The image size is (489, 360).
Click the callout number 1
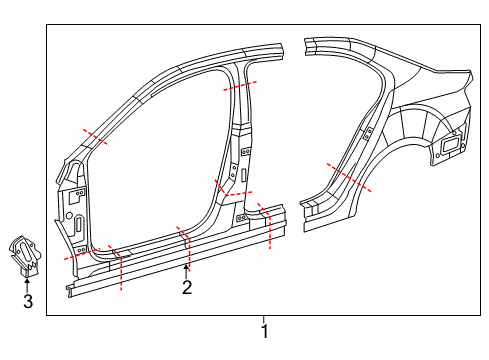pos(264,331)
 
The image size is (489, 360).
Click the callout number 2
pos(187,287)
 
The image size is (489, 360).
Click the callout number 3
pos(28,301)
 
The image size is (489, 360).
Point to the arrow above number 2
pos(186,271)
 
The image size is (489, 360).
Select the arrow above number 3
pos(27,286)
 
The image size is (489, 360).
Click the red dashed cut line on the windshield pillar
pos(96,137)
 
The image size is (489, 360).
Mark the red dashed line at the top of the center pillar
pos(240,86)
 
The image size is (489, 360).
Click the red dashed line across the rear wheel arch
pos(349,177)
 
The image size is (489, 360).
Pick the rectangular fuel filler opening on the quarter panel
pos(450,145)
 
